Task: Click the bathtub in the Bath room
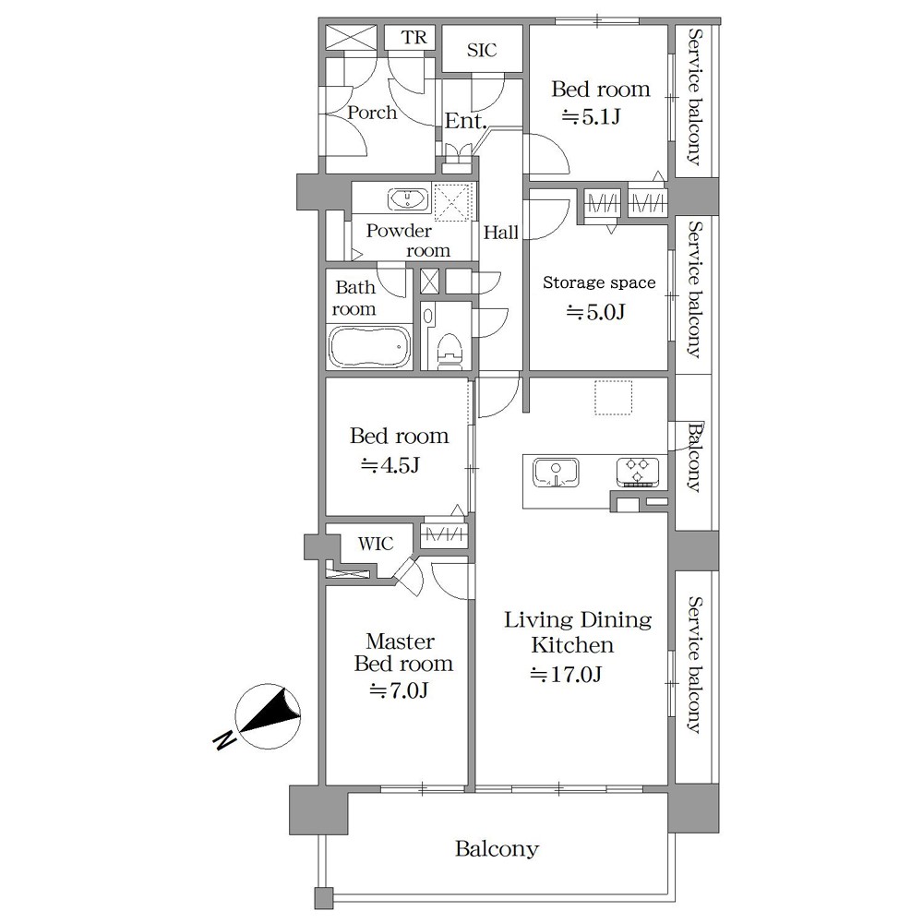pos(370,347)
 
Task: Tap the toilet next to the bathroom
pos(450,352)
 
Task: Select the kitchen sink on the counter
pos(556,473)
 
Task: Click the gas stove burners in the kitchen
pos(638,472)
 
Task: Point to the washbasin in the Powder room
pos(407,199)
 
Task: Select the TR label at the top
pos(414,38)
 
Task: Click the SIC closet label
pos(482,51)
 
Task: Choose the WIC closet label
pos(376,544)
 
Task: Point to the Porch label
pos(371,112)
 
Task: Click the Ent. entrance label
pos(465,121)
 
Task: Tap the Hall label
pos(501,233)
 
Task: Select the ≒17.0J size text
pos(566,674)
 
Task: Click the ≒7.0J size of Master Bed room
pos(399,689)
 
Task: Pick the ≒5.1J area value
pos(591,117)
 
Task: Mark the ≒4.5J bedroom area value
pos(390,465)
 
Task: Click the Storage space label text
pos(599,282)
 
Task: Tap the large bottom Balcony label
pos(497,849)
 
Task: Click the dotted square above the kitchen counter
pos(613,398)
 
